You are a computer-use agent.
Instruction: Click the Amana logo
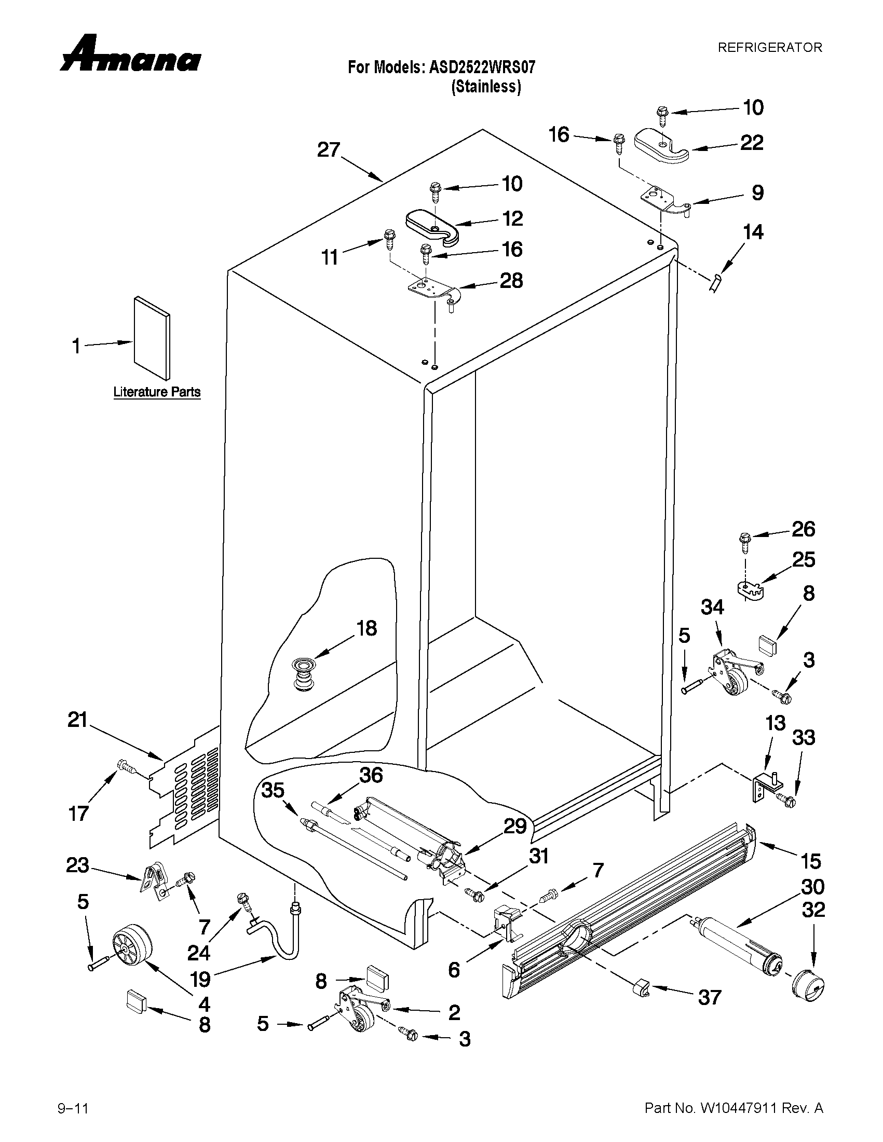(130, 54)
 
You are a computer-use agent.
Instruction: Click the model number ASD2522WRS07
(482, 67)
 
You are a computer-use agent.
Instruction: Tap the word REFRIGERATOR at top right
(769, 48)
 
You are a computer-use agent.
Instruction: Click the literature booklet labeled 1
(152, 338)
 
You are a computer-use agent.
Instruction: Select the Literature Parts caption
(157, 392)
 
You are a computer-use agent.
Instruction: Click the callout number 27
(329, 150)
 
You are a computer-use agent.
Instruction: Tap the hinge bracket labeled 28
(433, 290)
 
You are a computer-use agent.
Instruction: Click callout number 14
(753, 231)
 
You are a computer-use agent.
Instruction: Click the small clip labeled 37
(640, 987)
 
